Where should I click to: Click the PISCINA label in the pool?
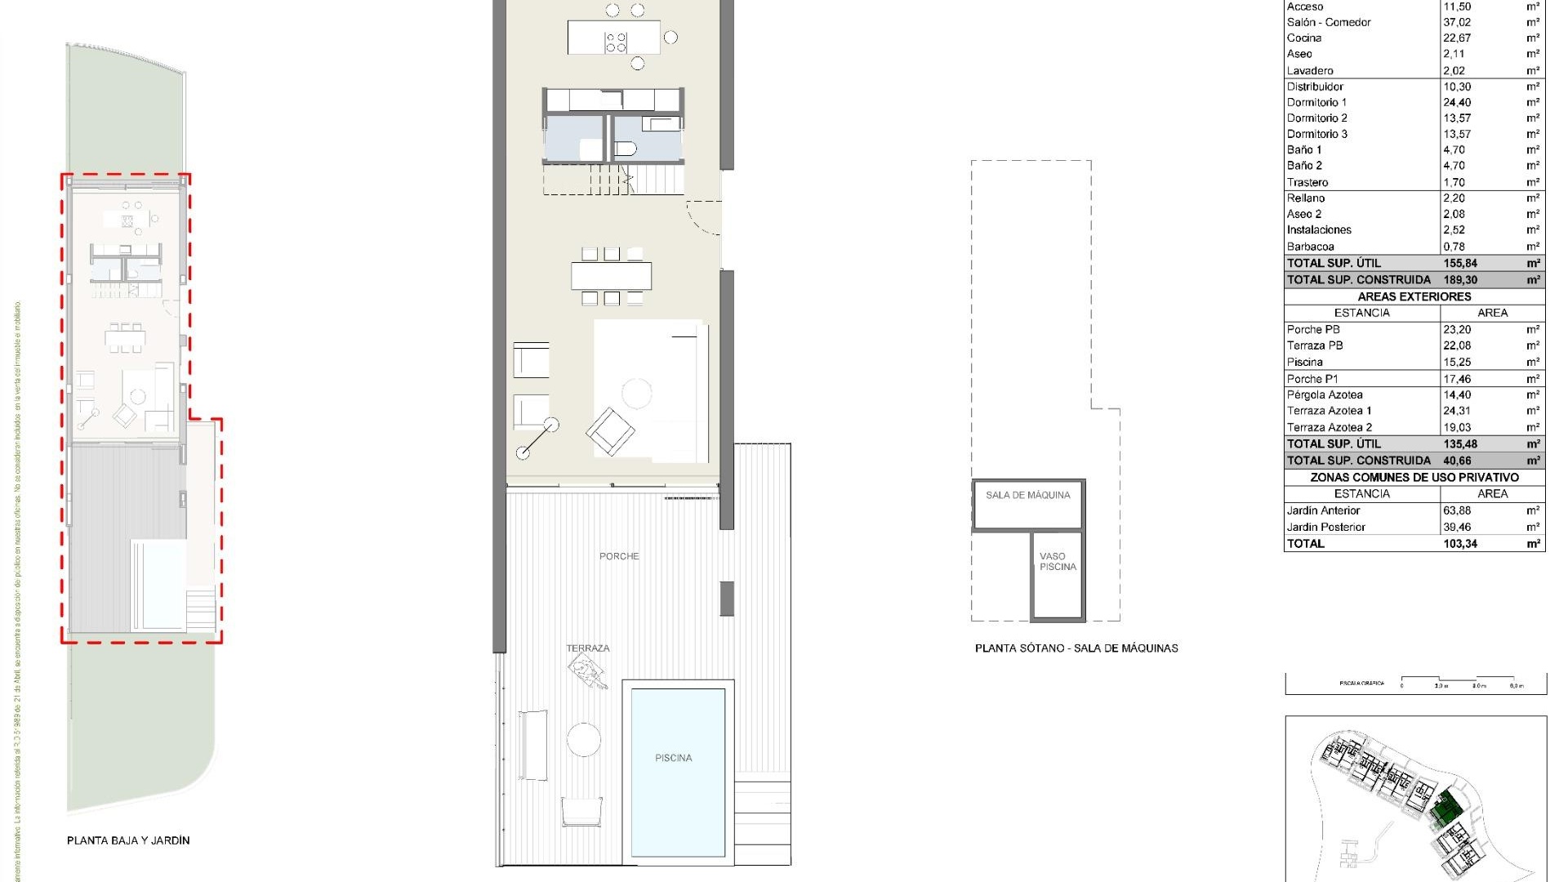[673, 758]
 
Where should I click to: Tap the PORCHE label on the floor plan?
[619, 556]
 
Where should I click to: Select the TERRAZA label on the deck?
[588, 648]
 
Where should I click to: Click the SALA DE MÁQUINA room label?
[1027, 495]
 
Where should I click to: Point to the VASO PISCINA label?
[1058, 561]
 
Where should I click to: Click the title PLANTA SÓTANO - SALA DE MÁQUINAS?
[1076, 648]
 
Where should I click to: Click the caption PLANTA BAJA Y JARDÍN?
[128, 840]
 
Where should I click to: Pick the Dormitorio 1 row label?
[1316, 102]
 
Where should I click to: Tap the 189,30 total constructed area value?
[1460, 279]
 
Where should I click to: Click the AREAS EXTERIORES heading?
[1414, 296]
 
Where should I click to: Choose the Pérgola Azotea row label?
[1325, 394]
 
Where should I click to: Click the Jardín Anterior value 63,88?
[1457, 510]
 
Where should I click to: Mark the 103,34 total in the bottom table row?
[1460, 543]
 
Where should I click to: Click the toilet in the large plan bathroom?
[626, 149]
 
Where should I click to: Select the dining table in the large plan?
[611, 276]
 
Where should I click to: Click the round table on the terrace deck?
[584, 740]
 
